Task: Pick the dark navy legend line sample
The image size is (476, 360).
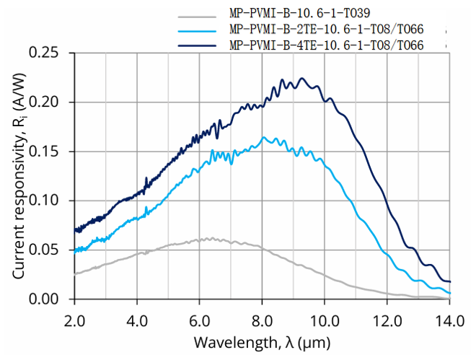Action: (x=196, y=45)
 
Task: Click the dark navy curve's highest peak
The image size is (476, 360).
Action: (x=302, y=78)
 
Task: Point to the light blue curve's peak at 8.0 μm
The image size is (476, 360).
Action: (x=263, y=136)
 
